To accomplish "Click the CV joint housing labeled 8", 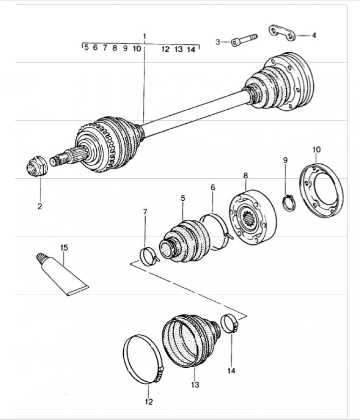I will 252,217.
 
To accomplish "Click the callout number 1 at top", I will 145,36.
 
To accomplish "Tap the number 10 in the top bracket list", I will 136,48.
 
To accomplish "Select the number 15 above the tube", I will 64,247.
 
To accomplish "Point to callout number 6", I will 213,187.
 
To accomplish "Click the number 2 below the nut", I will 40,206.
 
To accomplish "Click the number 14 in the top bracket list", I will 191,49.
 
